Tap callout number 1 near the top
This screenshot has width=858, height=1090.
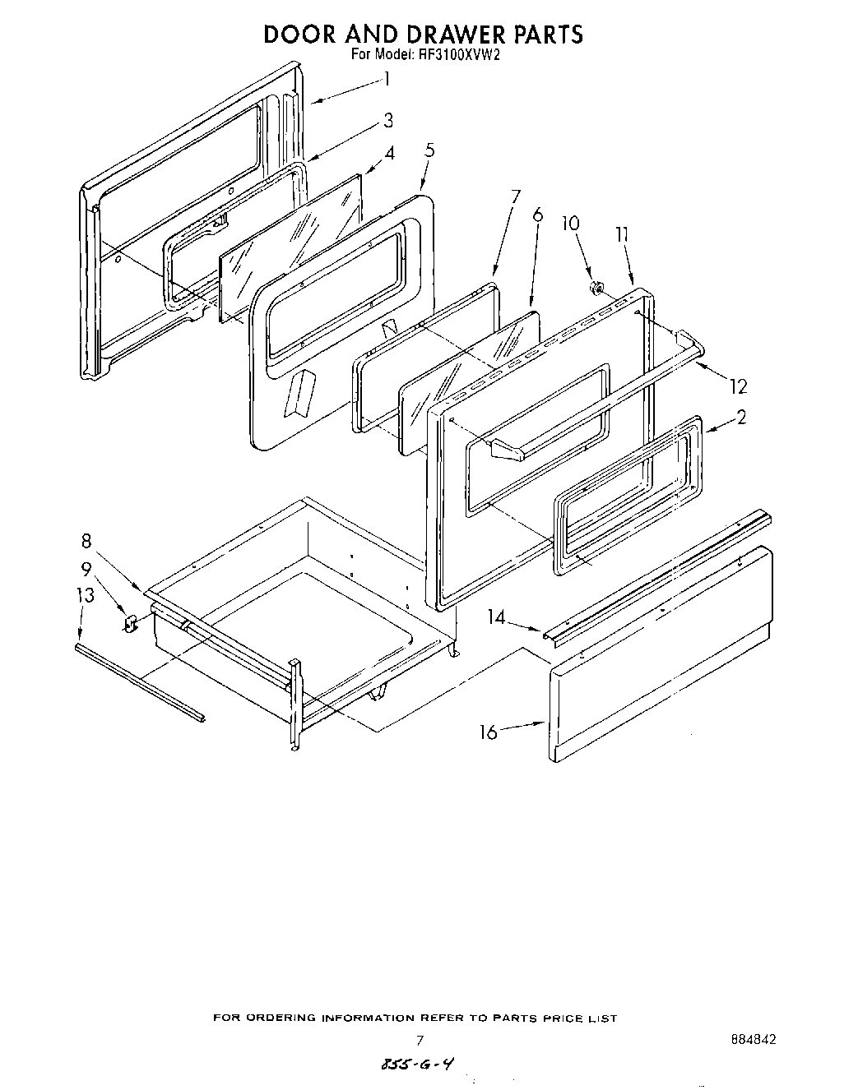pyautogui.click(x=387, y=80)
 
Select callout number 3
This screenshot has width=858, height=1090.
pyautogui.click(x=388, y=121)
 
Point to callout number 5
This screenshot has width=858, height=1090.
pyautogui.click(x=429, y=150)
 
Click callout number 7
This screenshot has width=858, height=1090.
pyautogui.click(x=515, y=196)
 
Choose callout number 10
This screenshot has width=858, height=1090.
pyautogui.click(x=570, y=224)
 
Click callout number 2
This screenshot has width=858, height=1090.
pyautogui.click(x=741, y=418)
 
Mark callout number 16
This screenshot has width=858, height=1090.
pyautogui.click(x=489, y=732)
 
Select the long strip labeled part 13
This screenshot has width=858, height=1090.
pyautogui.click(x=138, y=681)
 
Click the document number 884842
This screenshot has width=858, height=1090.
pyautogui.click(x=753, y=1039)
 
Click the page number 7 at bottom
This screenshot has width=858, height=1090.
pyautogui.click(x=419, y=1040)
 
